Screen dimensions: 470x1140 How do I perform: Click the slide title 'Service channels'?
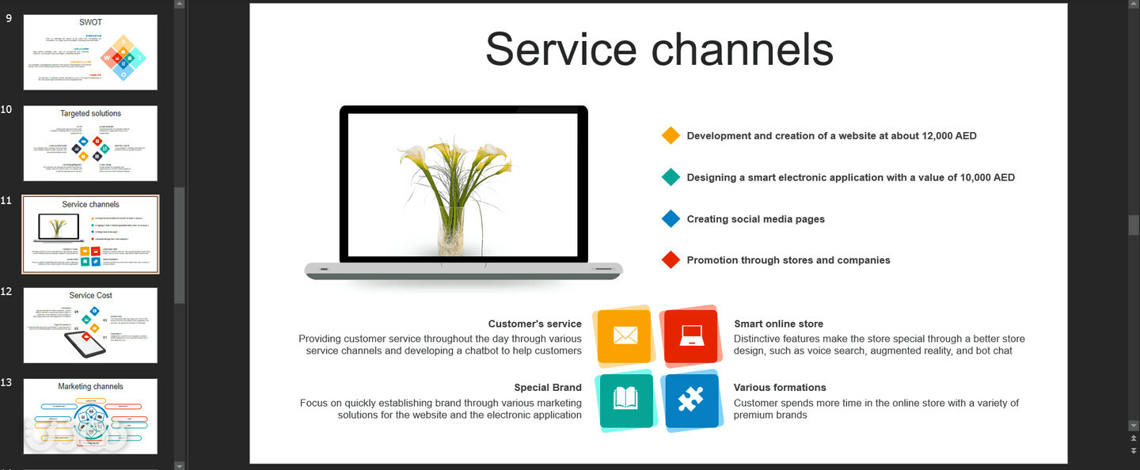click(659, 49)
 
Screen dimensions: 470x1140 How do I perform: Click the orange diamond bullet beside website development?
click(671, 135)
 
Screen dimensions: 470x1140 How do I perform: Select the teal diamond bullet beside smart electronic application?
click(671, 177)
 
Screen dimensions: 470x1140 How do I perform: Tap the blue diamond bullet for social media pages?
click(671, 219)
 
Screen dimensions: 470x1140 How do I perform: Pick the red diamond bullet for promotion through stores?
click(671, 260)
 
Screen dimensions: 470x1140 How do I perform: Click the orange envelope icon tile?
click(625, 336)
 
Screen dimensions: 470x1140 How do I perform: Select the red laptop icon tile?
click(691, 336)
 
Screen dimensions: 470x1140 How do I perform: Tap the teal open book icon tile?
click(625, 400)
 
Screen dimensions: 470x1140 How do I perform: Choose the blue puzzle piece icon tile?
click(691, 400)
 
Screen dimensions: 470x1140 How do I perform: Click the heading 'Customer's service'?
click(534, 324)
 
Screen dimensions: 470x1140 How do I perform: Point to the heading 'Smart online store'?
click(778, 324)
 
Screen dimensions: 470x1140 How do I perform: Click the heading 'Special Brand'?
click(548, 388)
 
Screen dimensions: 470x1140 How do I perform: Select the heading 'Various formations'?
click(780, 388)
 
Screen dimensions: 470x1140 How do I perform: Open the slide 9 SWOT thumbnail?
click(90, 52)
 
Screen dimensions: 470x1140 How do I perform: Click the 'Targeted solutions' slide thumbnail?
click(90, 143)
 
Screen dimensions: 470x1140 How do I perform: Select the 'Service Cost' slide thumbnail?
click(90, 325)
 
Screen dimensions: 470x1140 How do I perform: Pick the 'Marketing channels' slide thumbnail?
click(90, 416)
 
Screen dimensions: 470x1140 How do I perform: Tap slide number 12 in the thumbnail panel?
click(6, 292)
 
